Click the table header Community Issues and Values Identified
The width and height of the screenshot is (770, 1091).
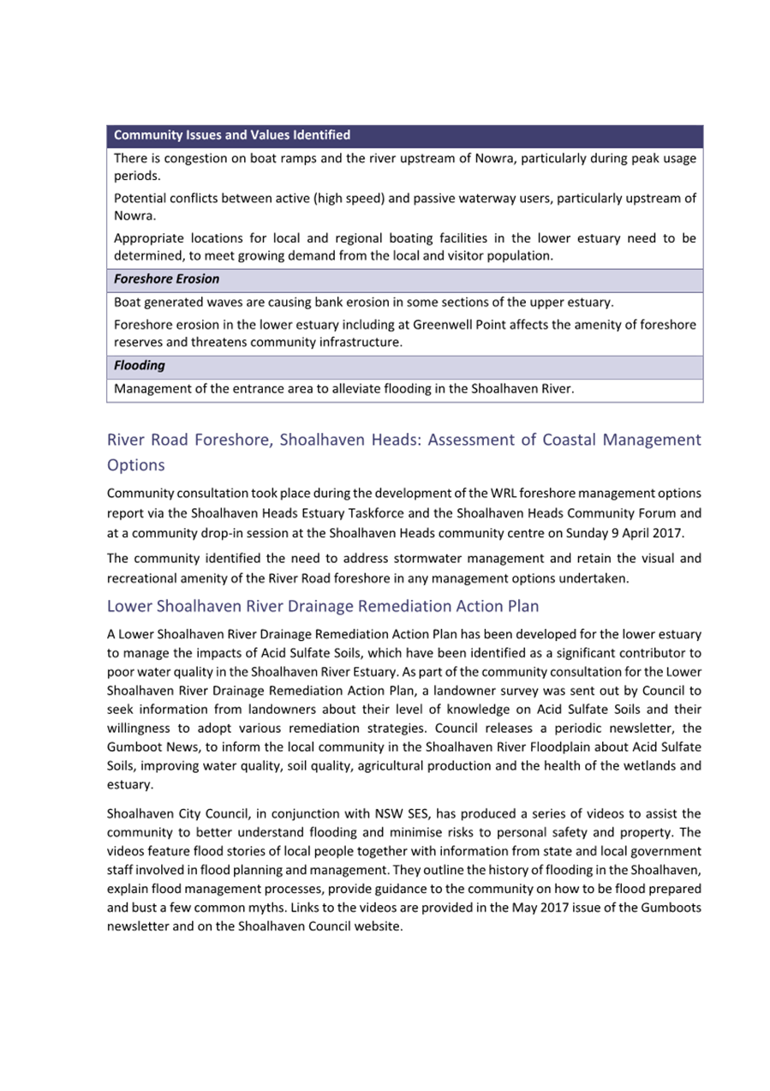[232, 135]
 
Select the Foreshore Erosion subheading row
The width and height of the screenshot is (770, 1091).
[166, 279]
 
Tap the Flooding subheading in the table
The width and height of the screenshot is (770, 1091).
[140, 366]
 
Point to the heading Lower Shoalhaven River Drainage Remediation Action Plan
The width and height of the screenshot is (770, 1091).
[323, 606]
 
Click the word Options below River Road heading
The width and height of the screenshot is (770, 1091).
[136, 465]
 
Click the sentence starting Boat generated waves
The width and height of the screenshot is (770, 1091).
[363, 303]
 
